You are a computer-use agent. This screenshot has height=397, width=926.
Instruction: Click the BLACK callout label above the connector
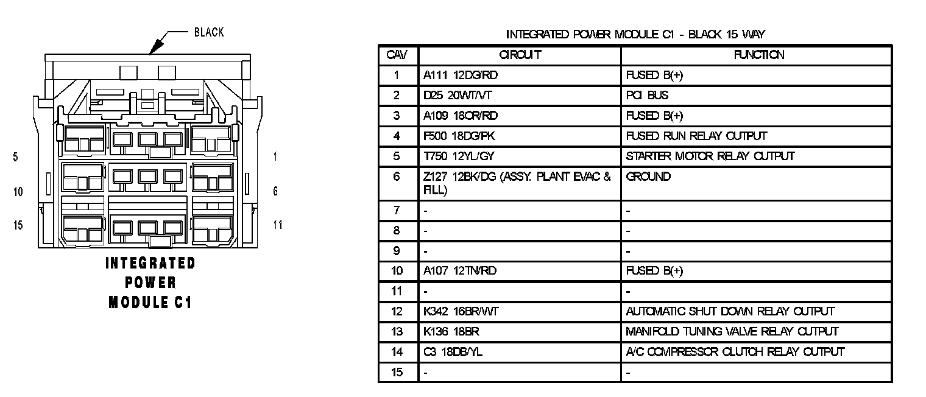click(209, 32)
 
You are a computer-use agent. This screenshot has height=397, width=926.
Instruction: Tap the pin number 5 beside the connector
click(15, 157)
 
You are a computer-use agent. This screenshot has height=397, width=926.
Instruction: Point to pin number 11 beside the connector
click(278, 225)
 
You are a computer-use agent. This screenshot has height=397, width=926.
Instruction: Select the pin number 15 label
click(18, 225)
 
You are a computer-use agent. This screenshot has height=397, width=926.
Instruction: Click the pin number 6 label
click(275, 191)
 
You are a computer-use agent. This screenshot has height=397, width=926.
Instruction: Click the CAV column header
click(397, 55)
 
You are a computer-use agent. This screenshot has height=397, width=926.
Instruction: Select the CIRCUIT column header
click(520, 55)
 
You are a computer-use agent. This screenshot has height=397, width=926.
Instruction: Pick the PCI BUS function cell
click(647, 96)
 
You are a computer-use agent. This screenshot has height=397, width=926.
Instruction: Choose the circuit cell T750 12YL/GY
click(459, 156)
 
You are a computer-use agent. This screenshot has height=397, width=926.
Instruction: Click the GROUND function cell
click(648, 177)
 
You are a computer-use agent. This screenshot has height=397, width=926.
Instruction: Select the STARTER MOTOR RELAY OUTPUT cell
click(710, 156)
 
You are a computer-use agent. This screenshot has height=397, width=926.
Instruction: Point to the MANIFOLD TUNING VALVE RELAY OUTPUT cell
click(732, 332)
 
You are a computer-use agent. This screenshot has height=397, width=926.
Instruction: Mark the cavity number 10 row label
click(397, 271)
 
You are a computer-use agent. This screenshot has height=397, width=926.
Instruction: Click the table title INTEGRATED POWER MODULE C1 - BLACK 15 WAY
click(635, 34)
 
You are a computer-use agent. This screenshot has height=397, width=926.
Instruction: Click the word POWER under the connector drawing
click(150, 283)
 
